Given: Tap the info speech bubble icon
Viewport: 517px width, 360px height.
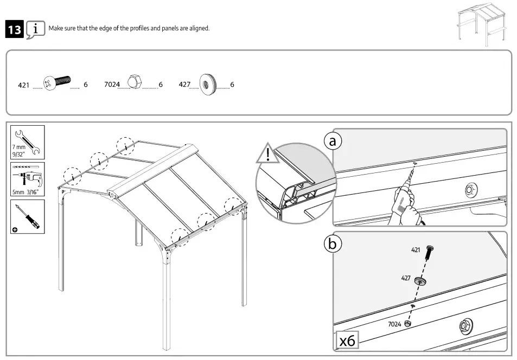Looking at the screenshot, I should coord(35,29).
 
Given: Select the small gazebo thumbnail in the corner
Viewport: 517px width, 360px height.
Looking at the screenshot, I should coord(481,25).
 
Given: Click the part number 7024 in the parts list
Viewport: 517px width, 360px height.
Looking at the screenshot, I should coord(112,85).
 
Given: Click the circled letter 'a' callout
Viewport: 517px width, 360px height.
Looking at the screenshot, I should coord(333,141).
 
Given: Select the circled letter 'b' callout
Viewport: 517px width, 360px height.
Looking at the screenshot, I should coord(333,245).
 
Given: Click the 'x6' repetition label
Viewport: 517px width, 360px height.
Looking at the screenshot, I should coord(347,340).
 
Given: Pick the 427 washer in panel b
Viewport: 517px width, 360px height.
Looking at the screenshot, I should coord(420,281).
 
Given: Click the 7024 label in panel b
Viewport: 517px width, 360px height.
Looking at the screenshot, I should coord(394,324).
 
